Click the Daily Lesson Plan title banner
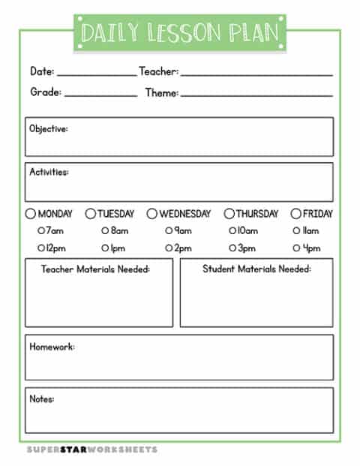click(x=180, y=32)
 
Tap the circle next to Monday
click(x=30, y=214)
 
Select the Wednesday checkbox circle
click(x=151, y=214)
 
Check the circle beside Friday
click(x=295, y=214)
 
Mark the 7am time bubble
click(x=41, y=231)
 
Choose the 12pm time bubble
click(x=41, y=248)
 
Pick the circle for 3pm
click(x=232, y=248)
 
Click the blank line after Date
click(x=96, y=74)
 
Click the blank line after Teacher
click(x=256, y=74)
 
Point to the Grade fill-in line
click(x=100, y=95)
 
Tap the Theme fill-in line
click(x=256, y=95)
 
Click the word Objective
click(x=49, y=129)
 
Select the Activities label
click(x=49, y=173)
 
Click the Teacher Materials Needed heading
click(x=95, y=269)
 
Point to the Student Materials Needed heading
click(x=256, y=269)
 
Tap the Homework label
click(x=52, y=347)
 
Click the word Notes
click(x=42, y=399)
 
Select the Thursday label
click(x=257, y=214)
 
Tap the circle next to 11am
click(x=295, y=231)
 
